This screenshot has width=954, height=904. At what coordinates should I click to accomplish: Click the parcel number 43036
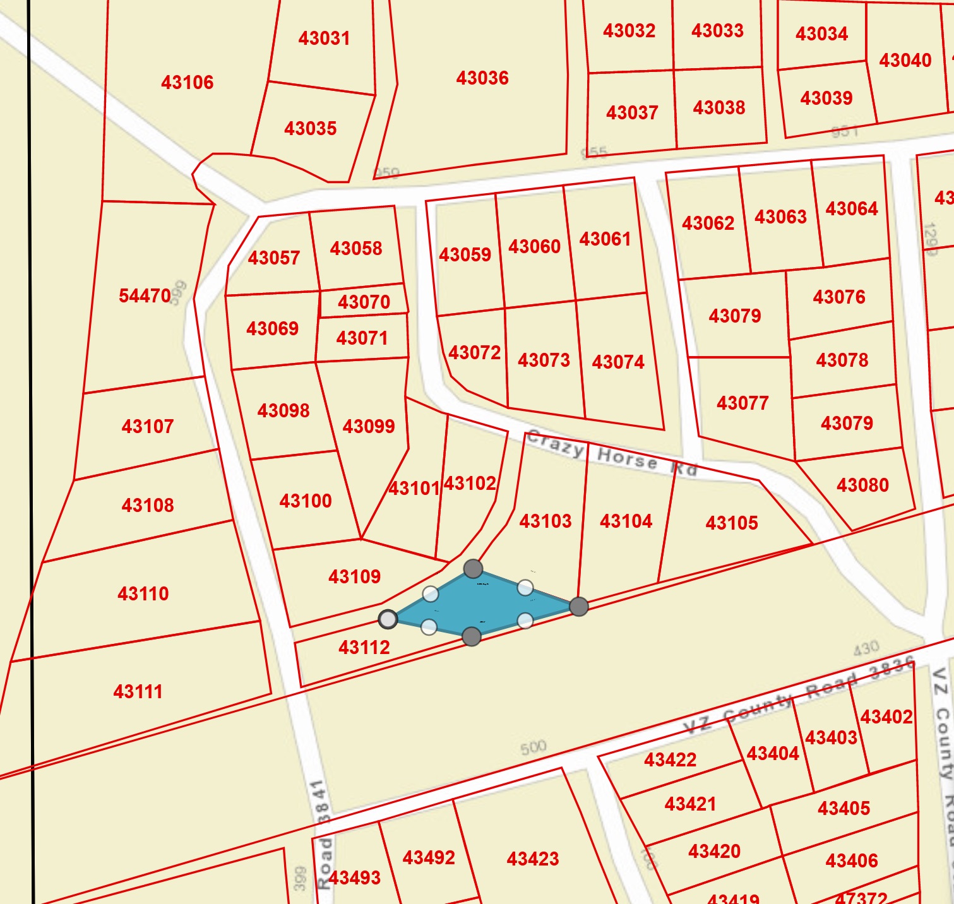click(482, 78)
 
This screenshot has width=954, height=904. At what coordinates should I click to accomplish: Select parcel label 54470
click(145, 295)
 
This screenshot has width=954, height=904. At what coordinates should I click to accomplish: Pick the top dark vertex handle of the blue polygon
click(473, 569)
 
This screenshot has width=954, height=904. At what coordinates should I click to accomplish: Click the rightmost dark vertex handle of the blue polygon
click(579, 607)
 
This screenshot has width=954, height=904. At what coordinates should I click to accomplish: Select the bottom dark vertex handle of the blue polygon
click(472, 636)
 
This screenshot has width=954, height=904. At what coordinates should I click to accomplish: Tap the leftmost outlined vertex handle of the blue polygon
click(388, 619)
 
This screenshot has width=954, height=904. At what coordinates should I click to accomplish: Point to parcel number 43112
click(364, 647)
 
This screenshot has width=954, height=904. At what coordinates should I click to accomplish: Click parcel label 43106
click(187, 82)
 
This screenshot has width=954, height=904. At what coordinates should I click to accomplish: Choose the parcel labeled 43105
click(732, 523)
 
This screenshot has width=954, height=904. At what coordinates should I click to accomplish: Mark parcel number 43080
click(862, 485)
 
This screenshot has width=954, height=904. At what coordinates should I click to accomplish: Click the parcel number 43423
click(533, 859)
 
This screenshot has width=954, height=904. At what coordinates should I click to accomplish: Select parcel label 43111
click(138, 691)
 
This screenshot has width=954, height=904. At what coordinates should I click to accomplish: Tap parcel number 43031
click(324, 39)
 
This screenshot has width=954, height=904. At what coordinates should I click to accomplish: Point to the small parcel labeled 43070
click(364, 302)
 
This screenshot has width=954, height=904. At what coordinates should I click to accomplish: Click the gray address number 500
click(533, 747)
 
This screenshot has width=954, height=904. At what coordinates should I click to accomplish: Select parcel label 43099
click(369, 426)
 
